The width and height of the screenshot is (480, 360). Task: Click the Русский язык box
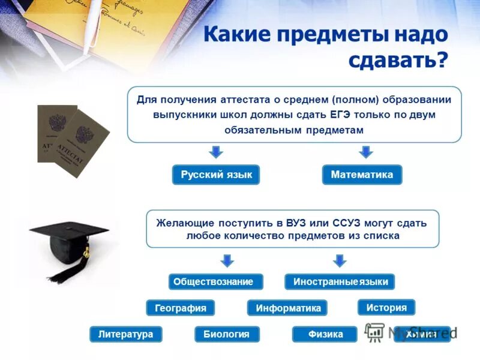point(216,175)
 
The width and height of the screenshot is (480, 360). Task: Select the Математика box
point(362,175)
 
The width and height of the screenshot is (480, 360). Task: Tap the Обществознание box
point(213,281)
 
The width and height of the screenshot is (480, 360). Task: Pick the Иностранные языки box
point(340,281)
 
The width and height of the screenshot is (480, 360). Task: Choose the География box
point(180,308)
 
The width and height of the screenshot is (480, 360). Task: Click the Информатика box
point(288,308)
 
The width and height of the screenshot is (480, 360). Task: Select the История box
point(386,307)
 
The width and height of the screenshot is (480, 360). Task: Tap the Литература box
point(126,334)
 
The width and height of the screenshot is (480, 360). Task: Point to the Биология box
point(227,334)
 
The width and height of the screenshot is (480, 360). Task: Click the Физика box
point(325,334)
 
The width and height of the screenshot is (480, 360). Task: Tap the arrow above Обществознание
point(226,260)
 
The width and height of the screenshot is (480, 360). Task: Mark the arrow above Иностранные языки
point(340,260)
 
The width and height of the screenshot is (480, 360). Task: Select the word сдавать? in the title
point(397,60)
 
